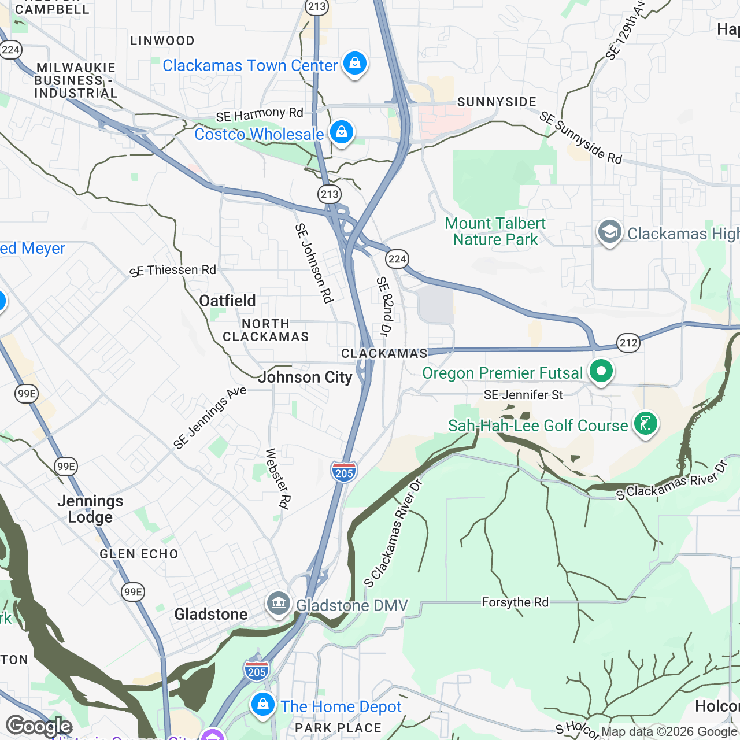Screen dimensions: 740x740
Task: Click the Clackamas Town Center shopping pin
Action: [x=354, y=64]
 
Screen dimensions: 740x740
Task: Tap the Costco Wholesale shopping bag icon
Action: [x=341, y=132]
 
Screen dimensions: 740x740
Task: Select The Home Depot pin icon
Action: [x=262, y=705]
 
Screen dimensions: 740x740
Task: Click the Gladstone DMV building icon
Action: [x=279, y=604]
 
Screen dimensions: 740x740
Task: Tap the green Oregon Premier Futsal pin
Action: [x=601, y=371]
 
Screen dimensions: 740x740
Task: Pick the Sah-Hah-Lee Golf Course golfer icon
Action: [x=645, y=424]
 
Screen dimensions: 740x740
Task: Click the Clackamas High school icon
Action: [x=609, y=232]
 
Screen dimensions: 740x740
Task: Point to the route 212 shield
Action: [x=628, y=342]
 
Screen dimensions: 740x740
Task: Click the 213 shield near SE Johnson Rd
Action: [x=330, y=194]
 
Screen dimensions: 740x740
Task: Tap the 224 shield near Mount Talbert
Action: [x=397, y=258]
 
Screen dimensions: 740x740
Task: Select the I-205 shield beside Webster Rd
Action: [x=344, y=472]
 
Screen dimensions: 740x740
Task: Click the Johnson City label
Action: [x=305, y=378]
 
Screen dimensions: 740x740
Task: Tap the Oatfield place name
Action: [x=227, y=301]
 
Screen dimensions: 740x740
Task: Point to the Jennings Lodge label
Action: [x=90, y=509]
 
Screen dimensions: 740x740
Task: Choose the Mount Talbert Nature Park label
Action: [x=495, y=231]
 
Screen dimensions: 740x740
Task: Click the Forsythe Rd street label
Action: [x=515, y=602]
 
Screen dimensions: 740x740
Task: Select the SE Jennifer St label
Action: [x=523, y=395]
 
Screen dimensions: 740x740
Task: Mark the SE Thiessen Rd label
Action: [x=173, y=271]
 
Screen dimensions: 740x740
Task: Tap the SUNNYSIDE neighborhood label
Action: [x=497, y=102]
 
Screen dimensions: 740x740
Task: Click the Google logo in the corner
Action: [x=39, y=726]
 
